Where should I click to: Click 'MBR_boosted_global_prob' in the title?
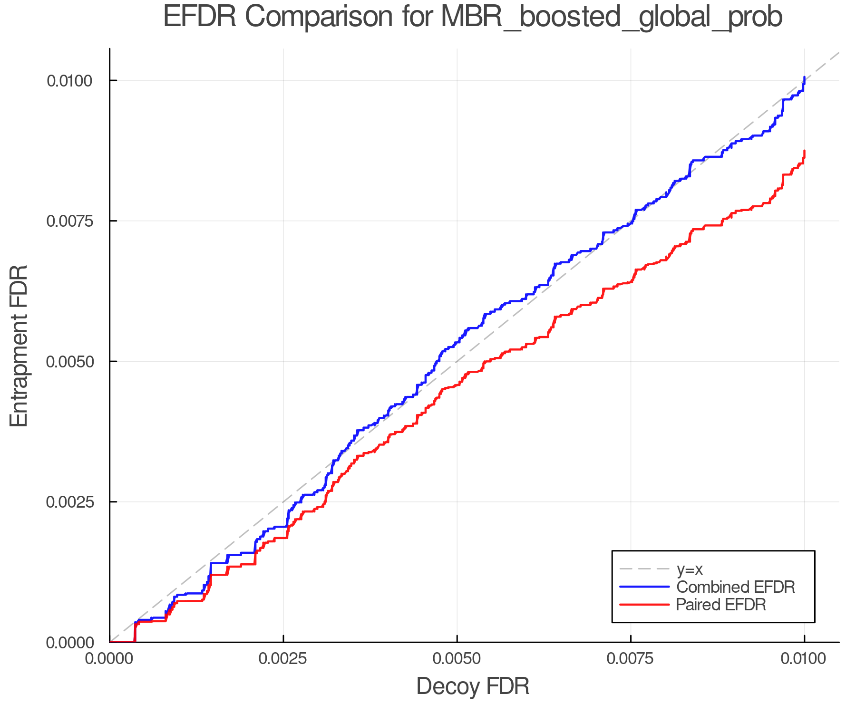[612, 18]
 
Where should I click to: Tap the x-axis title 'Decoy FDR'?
[473, 686]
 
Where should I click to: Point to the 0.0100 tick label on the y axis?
[69, 81]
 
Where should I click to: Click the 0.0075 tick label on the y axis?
[69, 221]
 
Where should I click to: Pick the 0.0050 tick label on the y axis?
[69, 362]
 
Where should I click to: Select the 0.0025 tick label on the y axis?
[69, 502]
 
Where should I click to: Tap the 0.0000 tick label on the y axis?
[69, 643]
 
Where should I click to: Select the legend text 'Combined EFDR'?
[735, 587]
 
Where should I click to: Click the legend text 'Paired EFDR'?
[721, 605]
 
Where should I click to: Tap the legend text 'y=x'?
[690, 569]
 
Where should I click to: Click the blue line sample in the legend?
[644, 587]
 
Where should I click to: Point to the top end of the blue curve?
[804, 77]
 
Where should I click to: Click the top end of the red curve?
[804, 151]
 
